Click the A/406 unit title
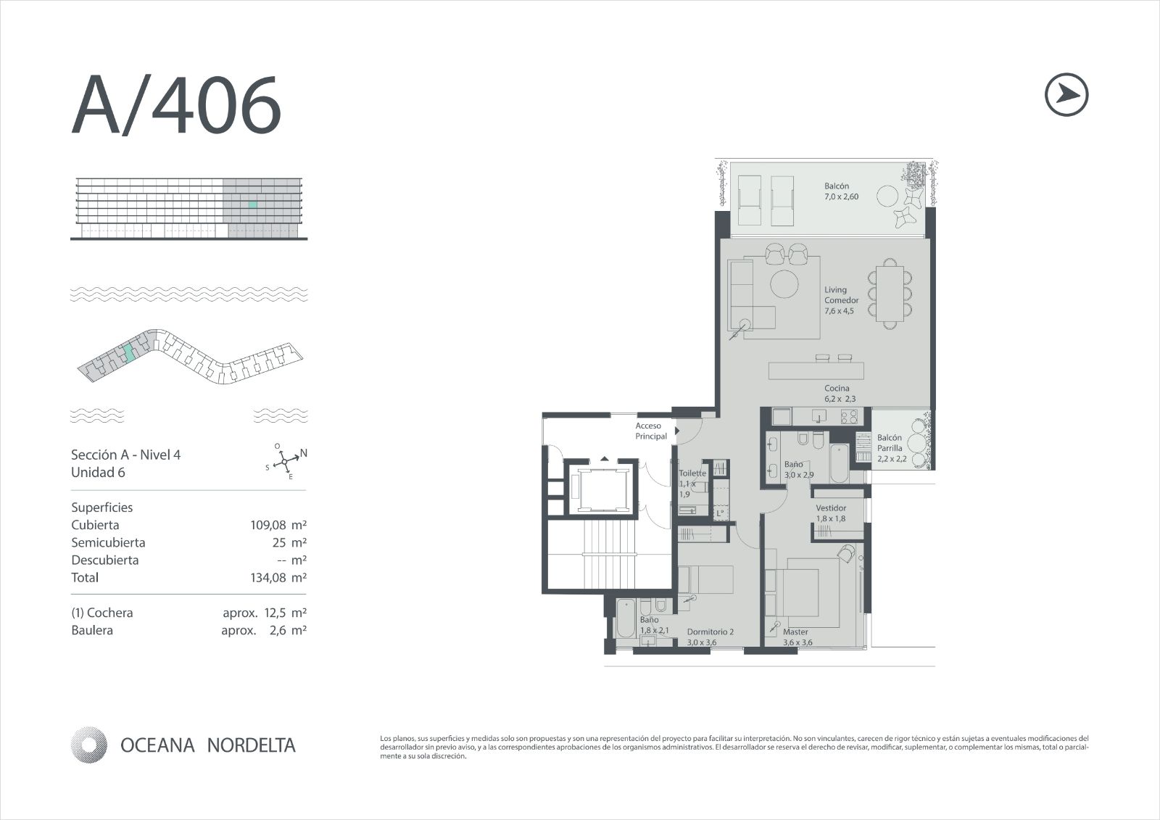point(176,104)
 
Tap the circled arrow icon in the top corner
point(1066,94)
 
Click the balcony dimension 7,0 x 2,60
point(842,196)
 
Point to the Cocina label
point(837,388)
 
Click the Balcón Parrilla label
point(890,443)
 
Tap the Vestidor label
point(831,508)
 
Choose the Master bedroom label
point(795,632)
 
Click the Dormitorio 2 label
point(710,632)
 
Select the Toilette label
point(692,473)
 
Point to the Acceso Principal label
point(651,431)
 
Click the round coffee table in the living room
point(784,284)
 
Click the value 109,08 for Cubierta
point(268,525)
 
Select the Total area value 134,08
point(268,578)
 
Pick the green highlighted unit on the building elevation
point(252,204)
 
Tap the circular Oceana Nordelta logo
point(89,745)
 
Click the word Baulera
point(92,631)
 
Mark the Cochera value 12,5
point(275,613)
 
